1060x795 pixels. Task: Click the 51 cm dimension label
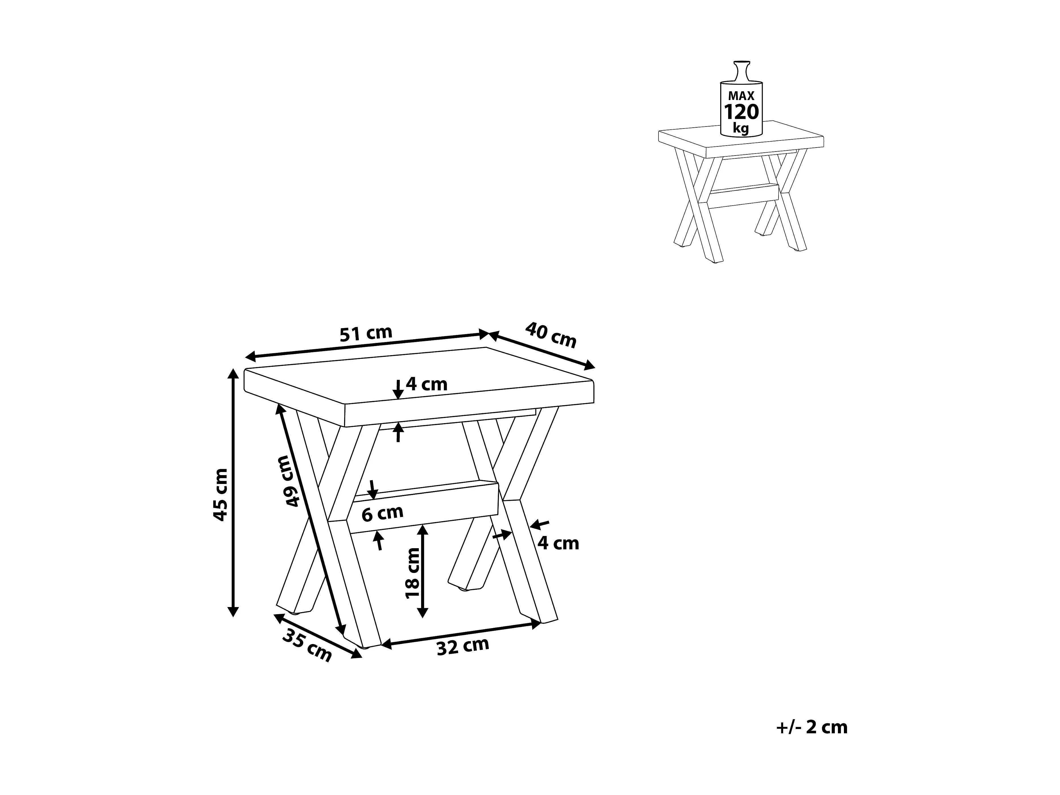tap(366, 333)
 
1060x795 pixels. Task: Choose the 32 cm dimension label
tap(463, 646)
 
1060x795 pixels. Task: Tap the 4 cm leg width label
tap(558, 543)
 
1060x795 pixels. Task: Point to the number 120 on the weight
tap(741, 112)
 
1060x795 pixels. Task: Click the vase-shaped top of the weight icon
tap(741, 72)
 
